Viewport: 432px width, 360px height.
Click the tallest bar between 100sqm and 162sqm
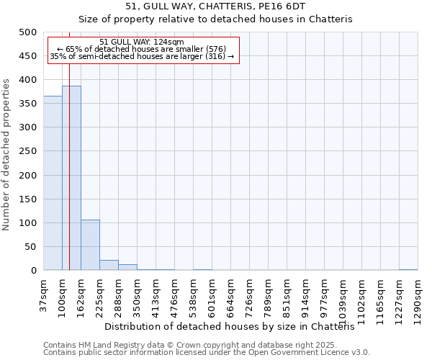click(x=71, y=178)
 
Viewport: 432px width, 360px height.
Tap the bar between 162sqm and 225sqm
click(x=90, y=245)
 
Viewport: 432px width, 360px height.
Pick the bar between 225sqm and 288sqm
click(x=109, y=265)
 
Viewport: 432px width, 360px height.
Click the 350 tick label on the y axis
click(x=28, y=104)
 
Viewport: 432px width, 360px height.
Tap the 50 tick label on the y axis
click(x=31, y=247)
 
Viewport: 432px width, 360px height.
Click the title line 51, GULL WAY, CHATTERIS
click(x=215, y=6)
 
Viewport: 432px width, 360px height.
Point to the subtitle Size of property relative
click(x=215, y=19)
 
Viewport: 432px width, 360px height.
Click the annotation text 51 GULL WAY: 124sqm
click(x=141, y=42)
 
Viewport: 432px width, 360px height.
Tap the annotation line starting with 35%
click(x=142, y=56)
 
